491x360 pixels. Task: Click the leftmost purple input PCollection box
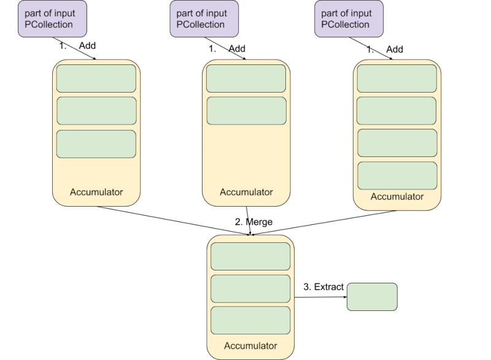(52, 18)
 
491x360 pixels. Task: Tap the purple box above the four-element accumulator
(349, 18)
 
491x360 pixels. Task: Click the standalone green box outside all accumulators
(372, 297)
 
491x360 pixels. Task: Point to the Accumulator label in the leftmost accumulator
(96, 192)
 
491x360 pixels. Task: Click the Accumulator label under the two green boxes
(246, 192)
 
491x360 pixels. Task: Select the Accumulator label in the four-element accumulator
(397, 197)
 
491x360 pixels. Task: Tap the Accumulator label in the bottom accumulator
(250, 346)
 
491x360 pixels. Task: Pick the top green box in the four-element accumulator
(397, 79)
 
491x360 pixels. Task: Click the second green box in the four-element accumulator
(397, 111)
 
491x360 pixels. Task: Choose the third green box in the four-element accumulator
(397, 143)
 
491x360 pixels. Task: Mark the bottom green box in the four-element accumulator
(397, 175)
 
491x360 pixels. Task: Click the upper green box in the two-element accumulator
(246, 79)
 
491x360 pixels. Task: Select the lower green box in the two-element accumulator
(246, 111)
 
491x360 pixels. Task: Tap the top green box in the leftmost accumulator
(96, 79)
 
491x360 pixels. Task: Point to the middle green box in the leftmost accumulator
(96, 111)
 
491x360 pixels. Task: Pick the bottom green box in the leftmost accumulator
(96, 144)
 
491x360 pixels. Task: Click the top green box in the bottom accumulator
(250, 256)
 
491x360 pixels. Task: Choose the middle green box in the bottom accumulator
(250, 288)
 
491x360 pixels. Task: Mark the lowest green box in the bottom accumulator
(250, 320)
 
